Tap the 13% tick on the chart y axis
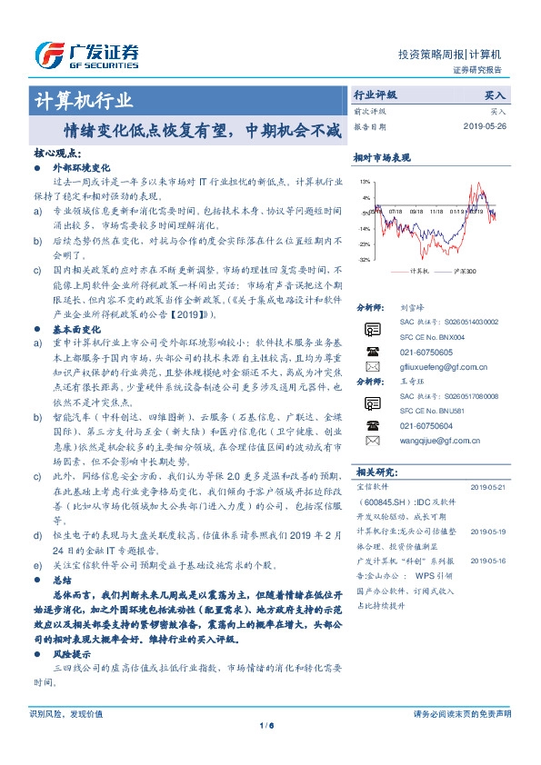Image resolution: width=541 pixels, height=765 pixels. point(364,181)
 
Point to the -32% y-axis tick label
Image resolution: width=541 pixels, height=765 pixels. point(363,260)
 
